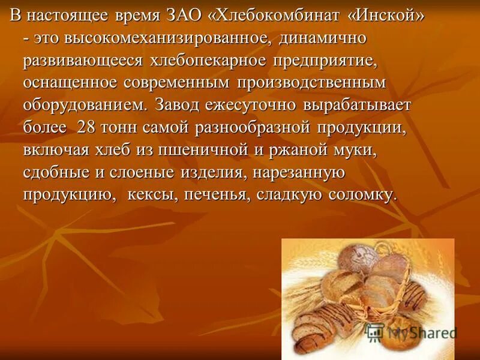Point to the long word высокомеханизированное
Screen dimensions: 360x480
click(x=158, y=39)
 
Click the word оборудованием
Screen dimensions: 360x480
click(x=85, y=106)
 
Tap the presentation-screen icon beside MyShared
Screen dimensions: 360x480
click(x=375, y=332)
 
